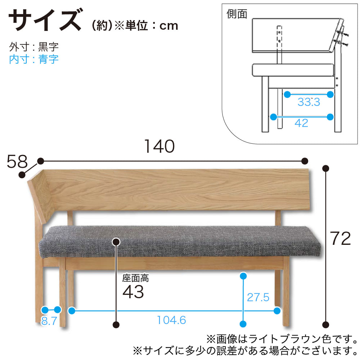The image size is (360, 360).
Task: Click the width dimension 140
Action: click(x=159, y=146)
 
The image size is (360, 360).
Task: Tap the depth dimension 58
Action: click(x=17, y=161)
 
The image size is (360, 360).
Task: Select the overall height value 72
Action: click(x=340, y=238)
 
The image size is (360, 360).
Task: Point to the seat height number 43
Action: click(x=133, y=292)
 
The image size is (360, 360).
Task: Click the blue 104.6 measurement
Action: click(x=171, y=320)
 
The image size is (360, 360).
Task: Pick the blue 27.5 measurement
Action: click(x=258, y=297)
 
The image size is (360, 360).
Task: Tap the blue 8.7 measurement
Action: click(x=49, y=321)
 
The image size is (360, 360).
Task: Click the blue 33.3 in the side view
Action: click(x=309, y=102)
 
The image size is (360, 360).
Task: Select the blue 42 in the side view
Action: click(x=301, y=123)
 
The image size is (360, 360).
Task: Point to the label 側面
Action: click(x=237, y=14)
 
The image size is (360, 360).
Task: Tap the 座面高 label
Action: click(x=135, y=278)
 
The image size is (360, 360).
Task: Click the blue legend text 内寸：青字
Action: click(x=34, y=59)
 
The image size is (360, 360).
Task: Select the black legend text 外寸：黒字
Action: click(x=34, y=47)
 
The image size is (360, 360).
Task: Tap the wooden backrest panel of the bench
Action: click(x=177, y=190)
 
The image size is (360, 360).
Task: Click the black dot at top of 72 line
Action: click(x=325, y=168)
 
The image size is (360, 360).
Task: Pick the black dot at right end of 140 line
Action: click(x=305, y=161)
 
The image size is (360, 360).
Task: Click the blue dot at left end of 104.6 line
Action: click(x=72, y=311)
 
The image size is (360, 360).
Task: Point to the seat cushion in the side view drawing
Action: click(x=293, y=70)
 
